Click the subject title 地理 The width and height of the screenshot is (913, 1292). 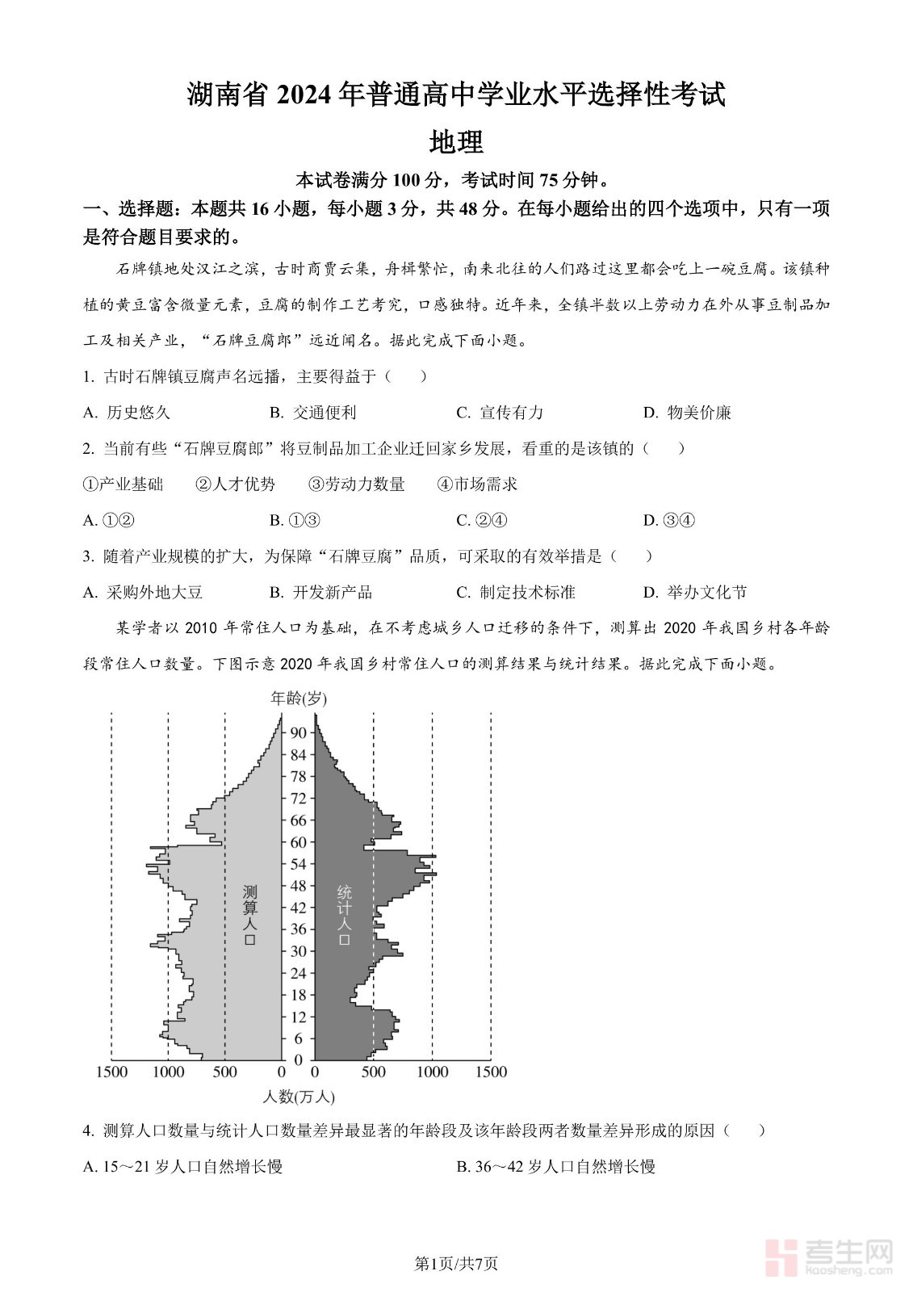pos(456,142)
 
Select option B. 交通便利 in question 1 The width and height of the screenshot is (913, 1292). pos(312,413)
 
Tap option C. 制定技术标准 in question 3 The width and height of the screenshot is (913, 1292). pos(516,592)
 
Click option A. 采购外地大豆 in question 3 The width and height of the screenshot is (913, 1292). pos(143,592)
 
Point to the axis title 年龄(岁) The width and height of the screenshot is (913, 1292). pos(298,698)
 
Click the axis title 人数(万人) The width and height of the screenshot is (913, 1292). pos(299,1097)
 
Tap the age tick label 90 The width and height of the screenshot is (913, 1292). pos(298,732)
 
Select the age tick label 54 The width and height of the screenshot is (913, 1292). pos(298,864)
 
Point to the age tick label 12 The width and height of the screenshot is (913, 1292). pos(298,1017)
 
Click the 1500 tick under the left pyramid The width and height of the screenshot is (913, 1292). pos(111,1072)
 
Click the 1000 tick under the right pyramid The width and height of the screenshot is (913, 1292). pos(432,1072)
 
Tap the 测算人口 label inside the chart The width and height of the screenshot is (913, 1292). pos(249,916)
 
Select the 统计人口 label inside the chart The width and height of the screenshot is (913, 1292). pos(345,916)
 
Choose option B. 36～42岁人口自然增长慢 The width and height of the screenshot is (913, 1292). pos(555,1167)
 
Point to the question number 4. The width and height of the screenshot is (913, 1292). pos(88,1131)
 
